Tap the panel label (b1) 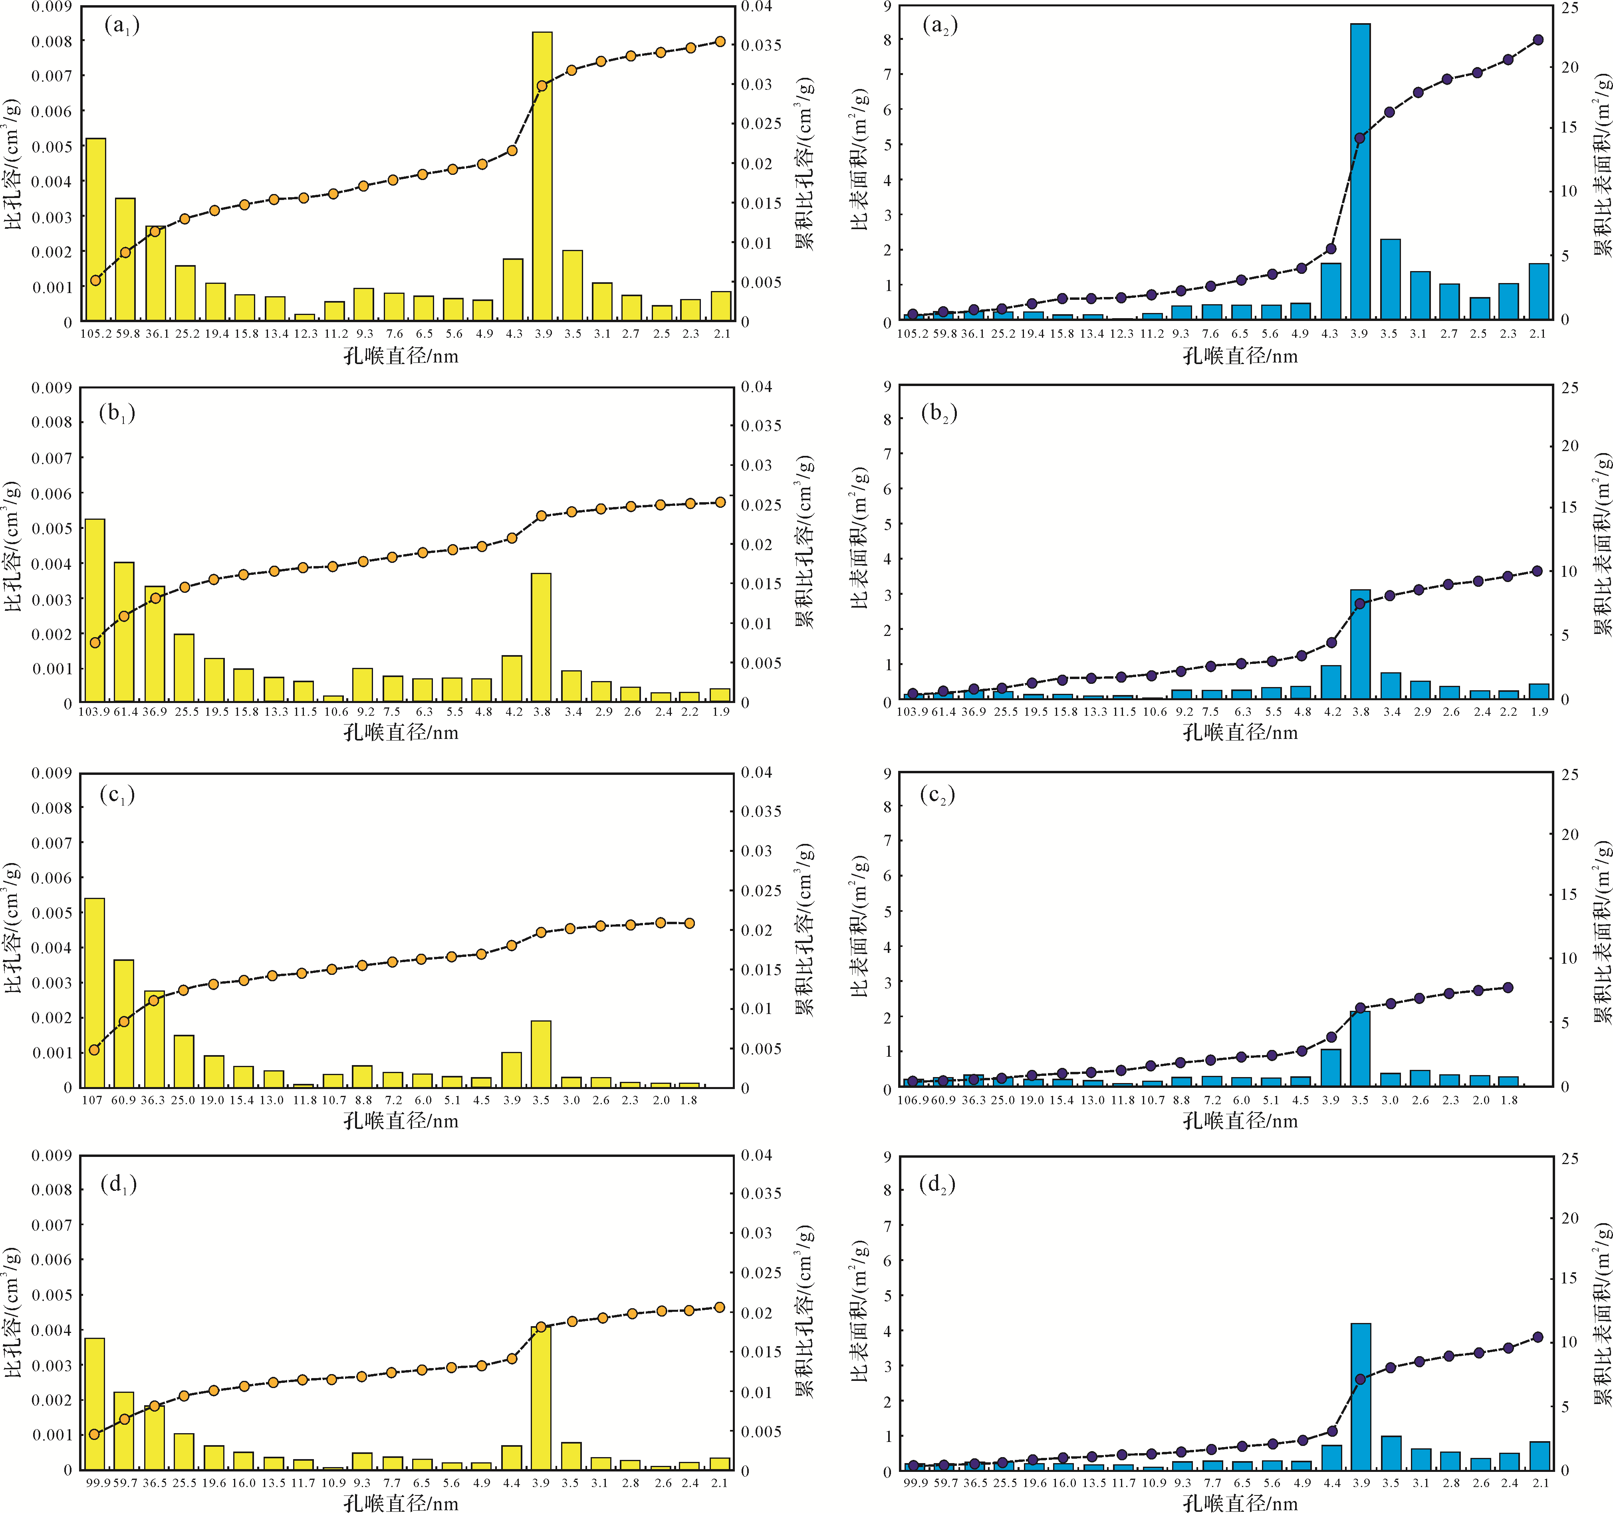(x=117, y=414)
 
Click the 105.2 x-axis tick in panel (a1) (x=96, y=333)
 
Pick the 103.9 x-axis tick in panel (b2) (x=912, y=711)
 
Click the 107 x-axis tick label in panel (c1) (x=93, y=1100)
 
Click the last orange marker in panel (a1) (x=720, y=42)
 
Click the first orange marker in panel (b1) (x=95, y=642)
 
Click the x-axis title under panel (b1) (x=401, y=733)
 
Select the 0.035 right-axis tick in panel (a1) (x=761, y=46)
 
